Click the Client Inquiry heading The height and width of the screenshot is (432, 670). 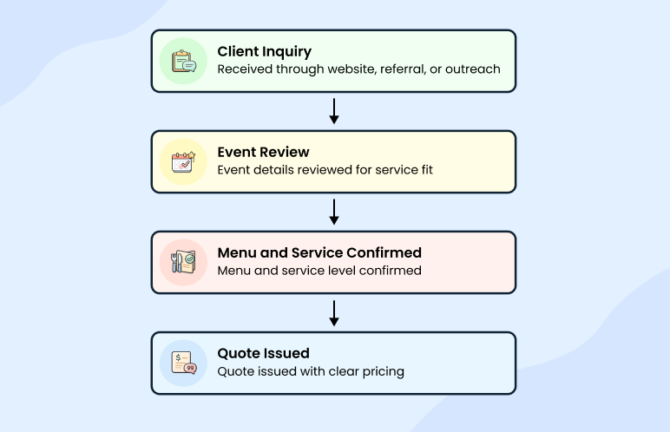[x=264, y=51]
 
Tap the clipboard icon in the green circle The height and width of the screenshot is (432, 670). [x=183, y=62]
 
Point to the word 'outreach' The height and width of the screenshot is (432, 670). [x=472, y=69]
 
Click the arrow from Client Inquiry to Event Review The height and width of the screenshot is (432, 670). [x=334, y=111]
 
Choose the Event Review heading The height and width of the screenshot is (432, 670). [x=263, y=152]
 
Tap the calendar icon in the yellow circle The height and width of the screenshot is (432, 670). [x=183, y=162]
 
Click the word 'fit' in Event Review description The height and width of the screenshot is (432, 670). [x=424, y=170]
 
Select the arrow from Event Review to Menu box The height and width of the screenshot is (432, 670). [x=334, y=212]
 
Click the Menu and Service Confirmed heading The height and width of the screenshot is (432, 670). [x=319, y=252]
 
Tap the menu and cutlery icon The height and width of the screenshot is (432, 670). [x=183, y=263]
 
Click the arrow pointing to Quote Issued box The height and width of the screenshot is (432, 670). [x=334, y=312]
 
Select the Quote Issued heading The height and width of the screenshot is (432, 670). [x=263, y=353]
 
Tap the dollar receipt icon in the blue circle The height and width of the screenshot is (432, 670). [x=183, y=363]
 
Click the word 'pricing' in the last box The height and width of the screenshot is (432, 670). [x=382, y=371]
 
